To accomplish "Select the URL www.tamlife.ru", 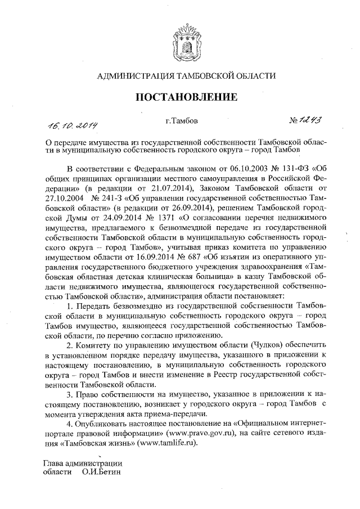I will (172, 437).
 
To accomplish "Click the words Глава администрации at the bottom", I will (83, 462).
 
